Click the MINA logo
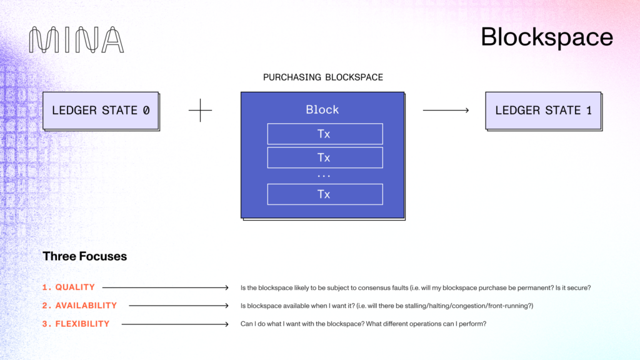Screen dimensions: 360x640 coord(76,40)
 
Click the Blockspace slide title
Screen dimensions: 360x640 coord(546,37)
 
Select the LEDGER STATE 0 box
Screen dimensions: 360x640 coord(101,111)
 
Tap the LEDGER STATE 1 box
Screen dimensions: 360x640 coord(543,111)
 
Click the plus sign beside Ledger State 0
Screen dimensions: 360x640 coord(200,111)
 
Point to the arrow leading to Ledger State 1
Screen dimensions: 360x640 coord(446,111)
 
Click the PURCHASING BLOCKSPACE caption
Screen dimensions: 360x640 coord(322,77)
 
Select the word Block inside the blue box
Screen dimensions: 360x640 coord(322,109)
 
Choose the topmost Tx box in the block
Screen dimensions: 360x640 coord(324,134)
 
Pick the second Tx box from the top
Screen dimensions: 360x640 coord(324,157)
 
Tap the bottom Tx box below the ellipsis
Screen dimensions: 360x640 coord(324,194)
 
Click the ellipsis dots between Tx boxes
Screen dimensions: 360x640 coord(324,176)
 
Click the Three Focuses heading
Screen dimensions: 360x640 coord(84,256)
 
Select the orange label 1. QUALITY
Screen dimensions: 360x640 coord(69,287)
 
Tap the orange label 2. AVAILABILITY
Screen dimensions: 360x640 coord(79,306)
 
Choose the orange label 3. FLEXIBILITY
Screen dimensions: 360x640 coord(76,324)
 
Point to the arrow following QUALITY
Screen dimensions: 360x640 coord(166,287)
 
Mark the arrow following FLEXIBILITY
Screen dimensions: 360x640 coord(175,324)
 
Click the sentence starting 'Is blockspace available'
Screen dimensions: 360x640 coord(387,306)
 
